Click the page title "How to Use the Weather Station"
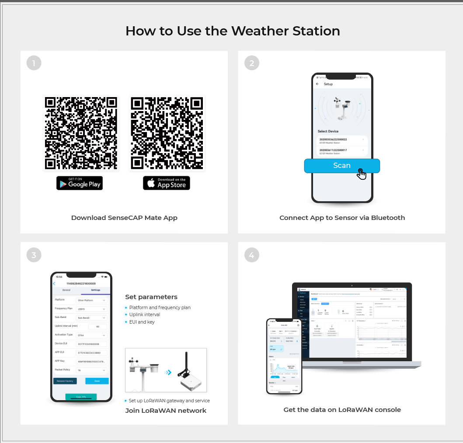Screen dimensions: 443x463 pos(233,31)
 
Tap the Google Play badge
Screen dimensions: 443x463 pos(80,183)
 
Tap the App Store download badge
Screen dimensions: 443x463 pos(167,183)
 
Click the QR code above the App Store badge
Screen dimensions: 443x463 pos(167,133)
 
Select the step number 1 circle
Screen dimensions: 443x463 pos(34,63)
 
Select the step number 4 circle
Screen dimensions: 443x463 pos(251,255)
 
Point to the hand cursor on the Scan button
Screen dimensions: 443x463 pos(361,174)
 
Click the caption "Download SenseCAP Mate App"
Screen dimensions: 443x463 pos(124,218)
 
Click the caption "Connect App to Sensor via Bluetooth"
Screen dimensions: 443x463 pos(342,218)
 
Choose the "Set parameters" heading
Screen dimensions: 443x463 pos(151,297)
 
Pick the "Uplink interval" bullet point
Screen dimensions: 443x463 pos(145,314)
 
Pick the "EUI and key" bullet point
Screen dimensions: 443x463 pos(142,322)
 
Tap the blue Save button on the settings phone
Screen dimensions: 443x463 pos(97,381)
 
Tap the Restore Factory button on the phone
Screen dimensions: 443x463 pos(65,381)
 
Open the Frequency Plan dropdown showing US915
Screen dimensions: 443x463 pos(91,309)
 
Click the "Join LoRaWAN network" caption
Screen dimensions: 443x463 pos(166,410)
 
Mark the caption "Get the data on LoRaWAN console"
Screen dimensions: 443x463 pos(342,410)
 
